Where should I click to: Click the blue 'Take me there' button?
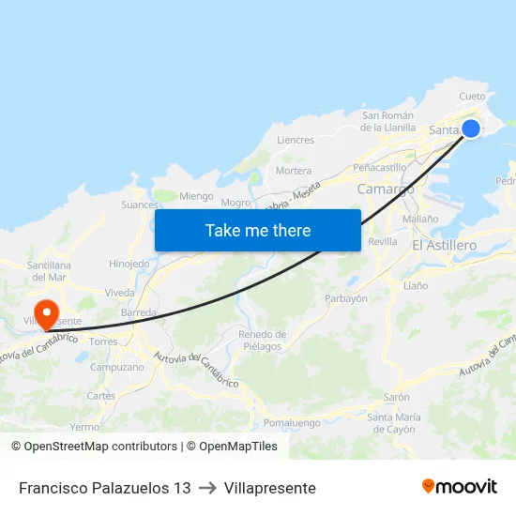pyautogui.click(x=257, y=230)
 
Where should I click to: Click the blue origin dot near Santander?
pyautogui.click(x=471, y=129)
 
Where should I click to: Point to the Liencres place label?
pyautogui.click(x=296, y=140)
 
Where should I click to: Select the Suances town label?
pyautogui.click(x=140, y=204)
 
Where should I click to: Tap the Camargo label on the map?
pyautogui.click(x=386, y=189)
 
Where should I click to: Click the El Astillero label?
pyautogui.click(x=445, y=245)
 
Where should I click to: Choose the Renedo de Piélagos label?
pyautogui.click(x=262, y=341)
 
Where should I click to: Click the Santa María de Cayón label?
pyautogui.click(x=391, y=423)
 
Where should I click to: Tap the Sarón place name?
pyautogui.click(x=396, y=397)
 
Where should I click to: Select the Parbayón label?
pyautogui.click(x=345, y=298)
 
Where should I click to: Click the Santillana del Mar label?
pyautogui.click(x=51, y=271)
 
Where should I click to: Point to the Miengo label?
pyautogui.click(x=196, y=196)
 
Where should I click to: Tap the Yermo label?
pyautogui.click(x=84, y=427)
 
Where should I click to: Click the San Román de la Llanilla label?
pyautogui.click(x=387, y=122)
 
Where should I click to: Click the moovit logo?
pyautogui.click(x=460, y=487)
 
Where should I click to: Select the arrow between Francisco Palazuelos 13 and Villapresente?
pyautogui.click(x=207, y=488)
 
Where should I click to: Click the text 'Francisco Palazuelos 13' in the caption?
pyautogui.click(x=104, y=488)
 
